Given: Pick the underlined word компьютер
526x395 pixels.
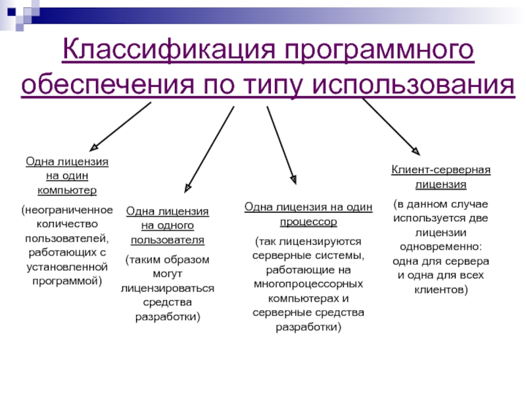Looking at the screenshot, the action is click(x=67, y=190).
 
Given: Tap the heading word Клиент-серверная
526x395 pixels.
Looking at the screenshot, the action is click(x=441, y=170).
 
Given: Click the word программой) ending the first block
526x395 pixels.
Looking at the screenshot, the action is click(x=67, y=281).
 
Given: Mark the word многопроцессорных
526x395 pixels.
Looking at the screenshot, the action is click(x=308, y=284).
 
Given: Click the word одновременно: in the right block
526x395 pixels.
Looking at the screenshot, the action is click(x=441, y=247).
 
